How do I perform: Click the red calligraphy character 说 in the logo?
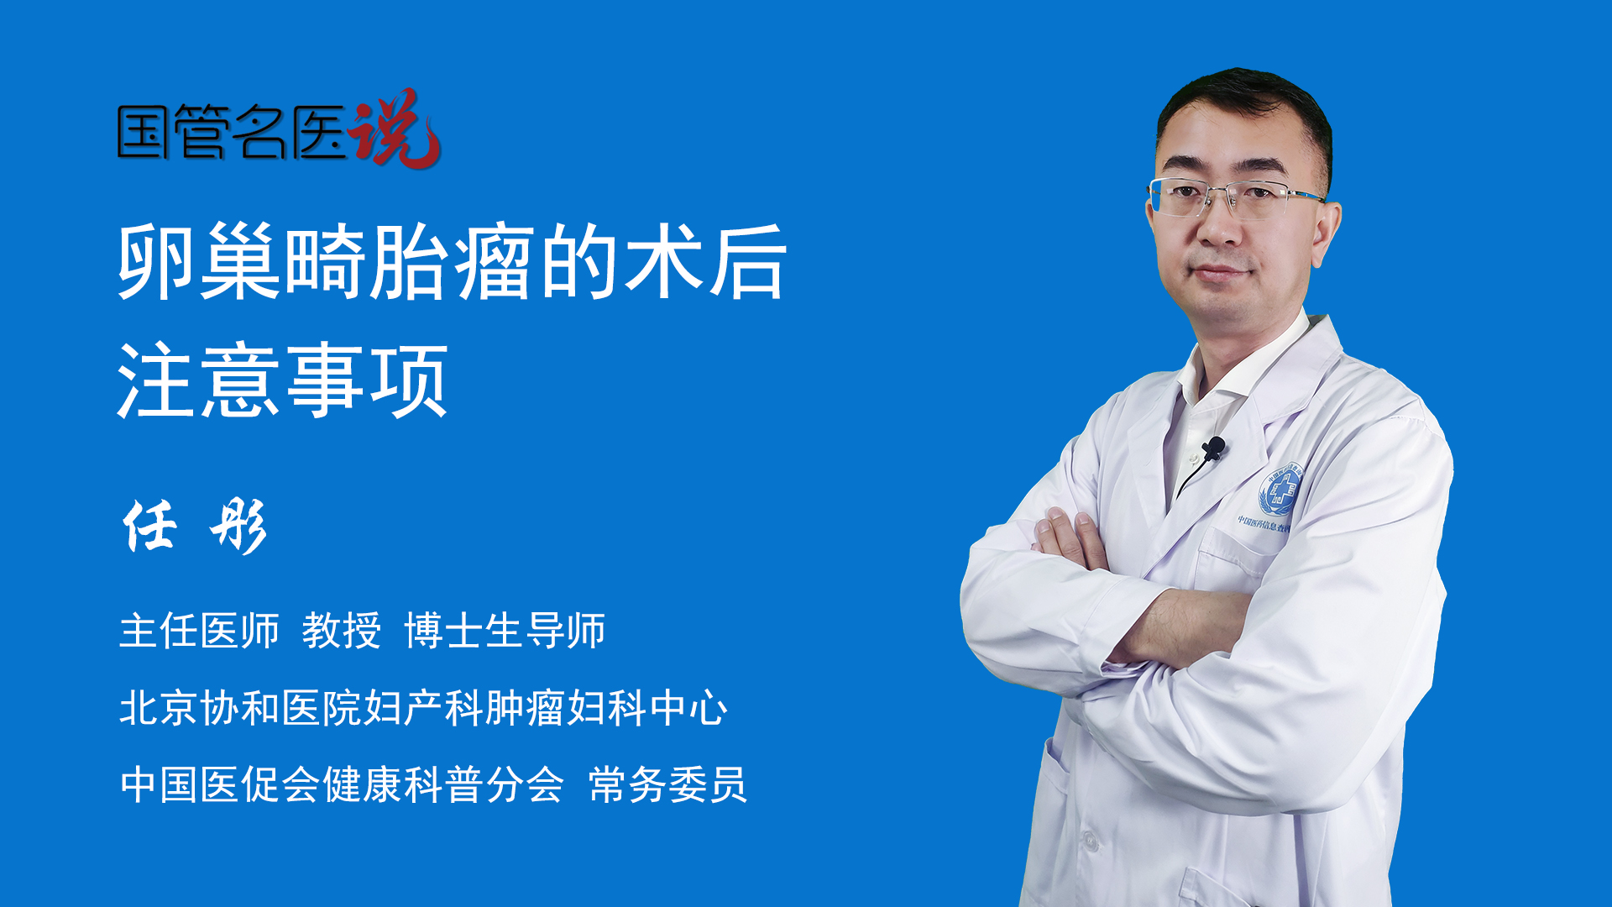[x=395, y=128]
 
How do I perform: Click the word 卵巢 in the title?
[x=199, y=261]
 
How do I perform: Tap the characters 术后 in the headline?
[x=706, y=261]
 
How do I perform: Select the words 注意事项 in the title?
[x=283, y=380]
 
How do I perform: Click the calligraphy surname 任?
[x=151, y=527]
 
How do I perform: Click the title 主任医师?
[x=199, y=631]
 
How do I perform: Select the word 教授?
[x=342, y=631]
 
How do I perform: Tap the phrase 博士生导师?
[x=505, y=631]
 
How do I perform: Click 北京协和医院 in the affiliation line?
[x=240, y=707]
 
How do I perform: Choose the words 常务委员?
[x=667, y=785]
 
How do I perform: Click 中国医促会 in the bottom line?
[x=220, y=785]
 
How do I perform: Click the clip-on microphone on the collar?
[x=1213, y=448]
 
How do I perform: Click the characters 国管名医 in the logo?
[x=232, y=132]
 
